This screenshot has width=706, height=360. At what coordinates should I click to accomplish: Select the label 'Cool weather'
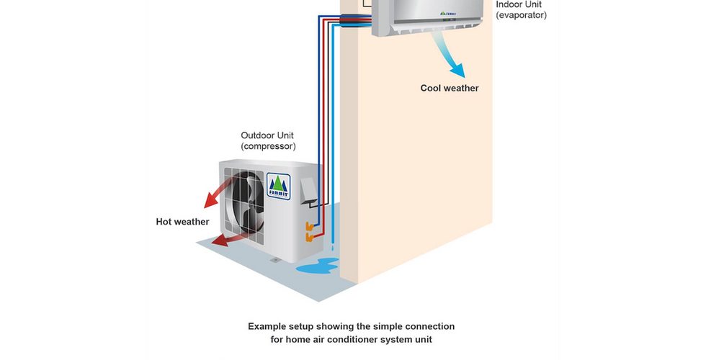click(450, 89)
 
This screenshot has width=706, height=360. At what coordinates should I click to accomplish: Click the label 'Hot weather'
click(182, 222)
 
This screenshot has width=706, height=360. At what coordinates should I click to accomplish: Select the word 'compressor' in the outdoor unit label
click(268, 147)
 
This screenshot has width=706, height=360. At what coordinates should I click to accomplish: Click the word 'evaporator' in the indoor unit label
click(521, 14)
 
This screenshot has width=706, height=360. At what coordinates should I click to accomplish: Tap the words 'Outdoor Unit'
click(267, 135)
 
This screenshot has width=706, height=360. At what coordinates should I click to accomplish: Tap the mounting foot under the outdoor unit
click(273, 259)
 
